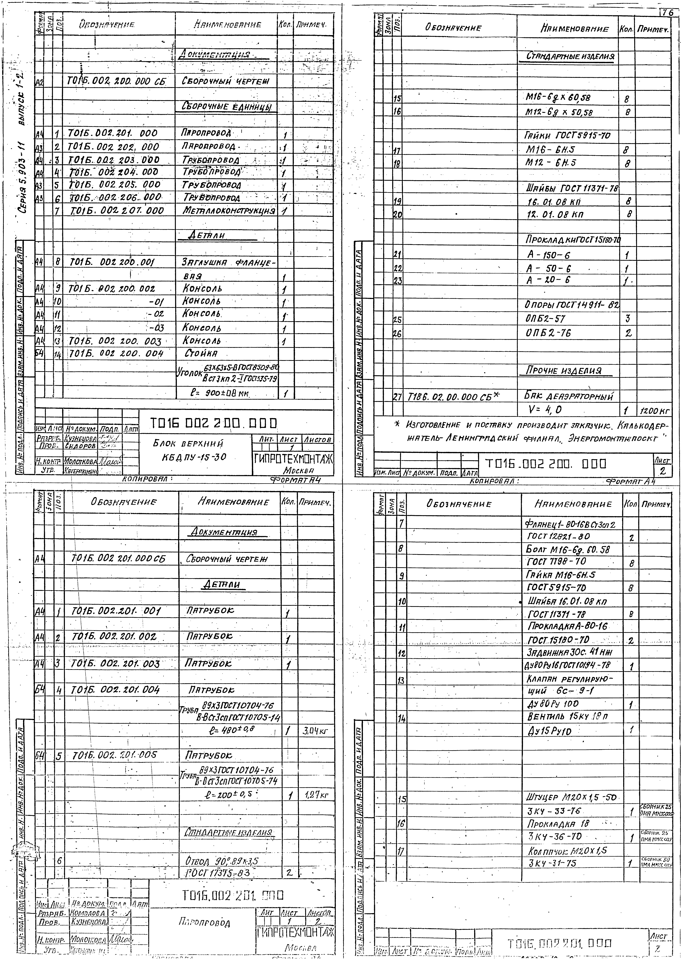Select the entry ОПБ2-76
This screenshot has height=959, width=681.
coord(548,333)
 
